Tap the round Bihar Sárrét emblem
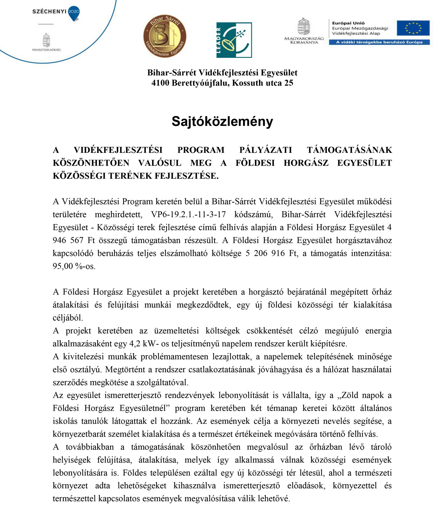165,36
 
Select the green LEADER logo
234,40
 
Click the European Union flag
413,28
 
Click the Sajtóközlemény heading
222,121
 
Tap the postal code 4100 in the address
160,83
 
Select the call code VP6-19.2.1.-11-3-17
188,214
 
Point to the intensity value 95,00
63,266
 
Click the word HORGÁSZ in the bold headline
306,163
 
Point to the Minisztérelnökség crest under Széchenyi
46,41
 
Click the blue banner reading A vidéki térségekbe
379,42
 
